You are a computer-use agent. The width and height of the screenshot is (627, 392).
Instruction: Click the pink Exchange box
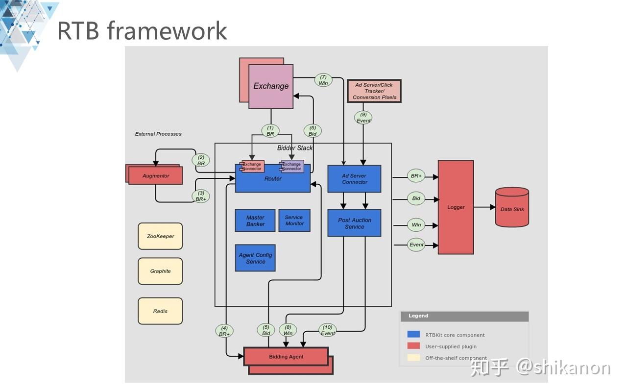pyautogui.click(x=271, y=86)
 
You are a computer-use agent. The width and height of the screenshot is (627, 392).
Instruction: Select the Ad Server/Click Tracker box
pyautogui.click(x=374, y=91)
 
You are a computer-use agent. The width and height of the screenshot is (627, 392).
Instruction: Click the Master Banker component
pyautogui.click(x=255, y=220)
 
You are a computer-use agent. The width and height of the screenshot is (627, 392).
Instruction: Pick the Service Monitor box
pyautogui.click(x=294, y=220)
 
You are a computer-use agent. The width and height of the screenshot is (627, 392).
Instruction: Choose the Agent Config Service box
pyautogui.click(x=255, y=258)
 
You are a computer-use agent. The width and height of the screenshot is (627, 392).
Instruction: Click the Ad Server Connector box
pyautogui.click(x=354, y=179)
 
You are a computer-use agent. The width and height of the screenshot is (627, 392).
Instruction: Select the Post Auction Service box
pyautogui.click(x=354, y=223)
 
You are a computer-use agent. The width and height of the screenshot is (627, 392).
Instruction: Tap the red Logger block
pyautogui.click(x=456, y=207)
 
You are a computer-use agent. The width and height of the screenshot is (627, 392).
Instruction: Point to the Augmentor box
pyautogui.click(x=155, y=175)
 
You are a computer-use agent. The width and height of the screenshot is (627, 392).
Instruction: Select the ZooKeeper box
pyautogui.click(x=160, y=236)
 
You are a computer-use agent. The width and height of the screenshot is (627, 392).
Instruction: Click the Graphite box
pyautogui.click(x=160, y=271)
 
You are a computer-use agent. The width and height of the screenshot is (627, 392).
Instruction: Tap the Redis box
pyautogui.click(x=160, y=311)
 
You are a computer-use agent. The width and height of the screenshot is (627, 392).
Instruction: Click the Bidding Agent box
pyautogui.click(x=286, y=357)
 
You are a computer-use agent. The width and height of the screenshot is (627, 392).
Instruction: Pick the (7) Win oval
pyautogui.click(x=323, y=80)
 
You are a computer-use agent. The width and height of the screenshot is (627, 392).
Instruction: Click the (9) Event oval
pyautogui.click(x=363, y=118)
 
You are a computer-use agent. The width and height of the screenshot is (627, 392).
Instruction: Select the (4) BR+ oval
pyautogui.click(x=224, y=331)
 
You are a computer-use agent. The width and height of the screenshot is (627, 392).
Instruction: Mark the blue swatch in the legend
pyautogui.click(x=413, y=335)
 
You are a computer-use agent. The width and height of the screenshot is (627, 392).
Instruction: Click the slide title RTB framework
pyautogui.click(x=142, y=30)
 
